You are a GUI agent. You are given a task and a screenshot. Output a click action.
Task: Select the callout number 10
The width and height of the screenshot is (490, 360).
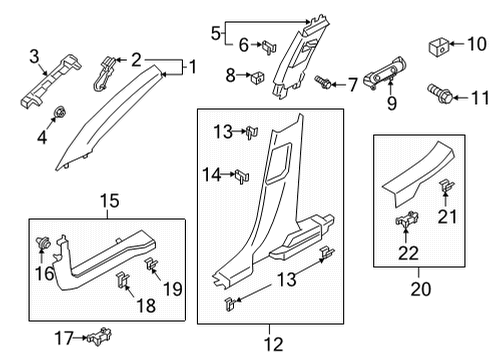[x=475, y=43]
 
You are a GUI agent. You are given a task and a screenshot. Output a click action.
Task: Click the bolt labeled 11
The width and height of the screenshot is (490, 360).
[x=443, y=96]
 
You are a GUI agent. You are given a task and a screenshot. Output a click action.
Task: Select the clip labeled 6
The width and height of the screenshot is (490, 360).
[x=268, y=44]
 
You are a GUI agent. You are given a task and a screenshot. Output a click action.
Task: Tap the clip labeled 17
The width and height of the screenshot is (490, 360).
[x=97, y=336]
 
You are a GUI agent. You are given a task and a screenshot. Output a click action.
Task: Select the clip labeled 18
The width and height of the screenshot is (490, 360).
[x=122, y=281]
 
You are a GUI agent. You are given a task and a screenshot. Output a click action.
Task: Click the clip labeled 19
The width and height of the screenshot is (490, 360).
[x=152, y=266]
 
